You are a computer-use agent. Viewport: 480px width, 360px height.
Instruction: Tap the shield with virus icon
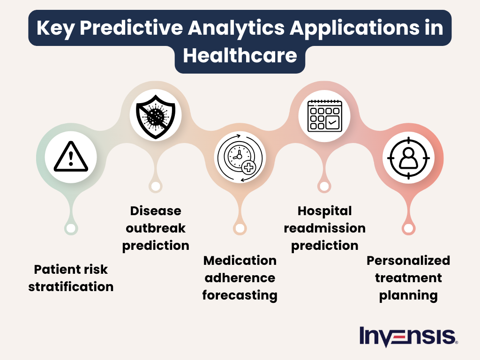point(155,114)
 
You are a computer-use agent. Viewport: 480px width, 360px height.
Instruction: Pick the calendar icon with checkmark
point(324,115)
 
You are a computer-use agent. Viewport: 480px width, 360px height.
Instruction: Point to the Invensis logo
point(408,336)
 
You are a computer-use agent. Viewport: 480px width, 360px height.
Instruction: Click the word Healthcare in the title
point(240,56)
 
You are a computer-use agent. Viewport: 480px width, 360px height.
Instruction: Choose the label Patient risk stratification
point(71,278)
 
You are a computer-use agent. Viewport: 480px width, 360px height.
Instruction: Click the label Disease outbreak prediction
point(156,228)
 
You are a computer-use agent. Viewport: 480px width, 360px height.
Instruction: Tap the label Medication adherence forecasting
point(240,278)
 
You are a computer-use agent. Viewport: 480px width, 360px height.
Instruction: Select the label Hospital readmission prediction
point(324,228)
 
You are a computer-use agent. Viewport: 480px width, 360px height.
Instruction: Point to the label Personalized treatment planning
point(408,278)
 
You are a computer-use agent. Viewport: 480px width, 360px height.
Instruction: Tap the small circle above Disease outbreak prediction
point(155,186)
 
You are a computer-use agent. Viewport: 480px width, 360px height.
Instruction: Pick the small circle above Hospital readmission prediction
point(324,186)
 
